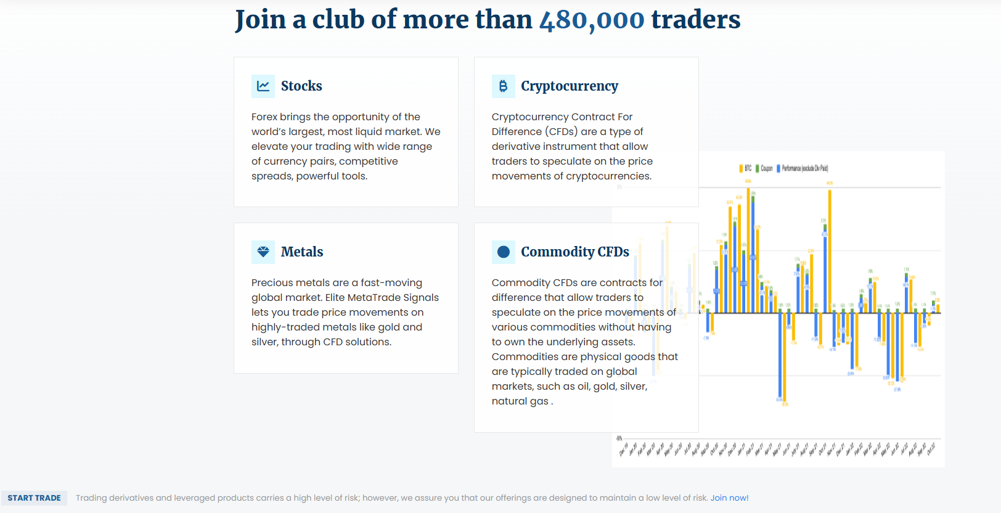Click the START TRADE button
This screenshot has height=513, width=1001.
[34, 498]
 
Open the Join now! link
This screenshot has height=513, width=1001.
[729, 498]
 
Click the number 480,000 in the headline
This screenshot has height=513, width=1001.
[592, 20]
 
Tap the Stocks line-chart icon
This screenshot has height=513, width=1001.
[263, 86]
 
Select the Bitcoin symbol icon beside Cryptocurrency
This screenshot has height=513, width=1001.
[503, 86]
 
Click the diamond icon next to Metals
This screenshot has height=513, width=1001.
[263, 252]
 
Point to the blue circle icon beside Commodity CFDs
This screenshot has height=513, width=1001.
[503, 252]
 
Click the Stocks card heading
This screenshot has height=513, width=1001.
[301, 86]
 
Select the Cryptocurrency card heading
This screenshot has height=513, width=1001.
[570, 86]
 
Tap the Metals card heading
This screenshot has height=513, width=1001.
[302, 252]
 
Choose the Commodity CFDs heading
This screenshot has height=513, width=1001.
[575, 252]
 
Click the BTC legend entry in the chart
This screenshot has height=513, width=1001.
[745, 168]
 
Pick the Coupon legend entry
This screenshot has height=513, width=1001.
[764, 168]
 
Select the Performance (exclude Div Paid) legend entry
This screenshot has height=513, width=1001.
[803, 168]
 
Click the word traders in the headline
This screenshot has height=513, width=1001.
[696, 20]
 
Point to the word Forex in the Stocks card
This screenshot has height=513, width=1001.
[264, 117]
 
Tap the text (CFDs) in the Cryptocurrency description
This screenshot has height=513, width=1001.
[561, 132]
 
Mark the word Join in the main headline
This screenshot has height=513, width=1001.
[261, 20]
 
